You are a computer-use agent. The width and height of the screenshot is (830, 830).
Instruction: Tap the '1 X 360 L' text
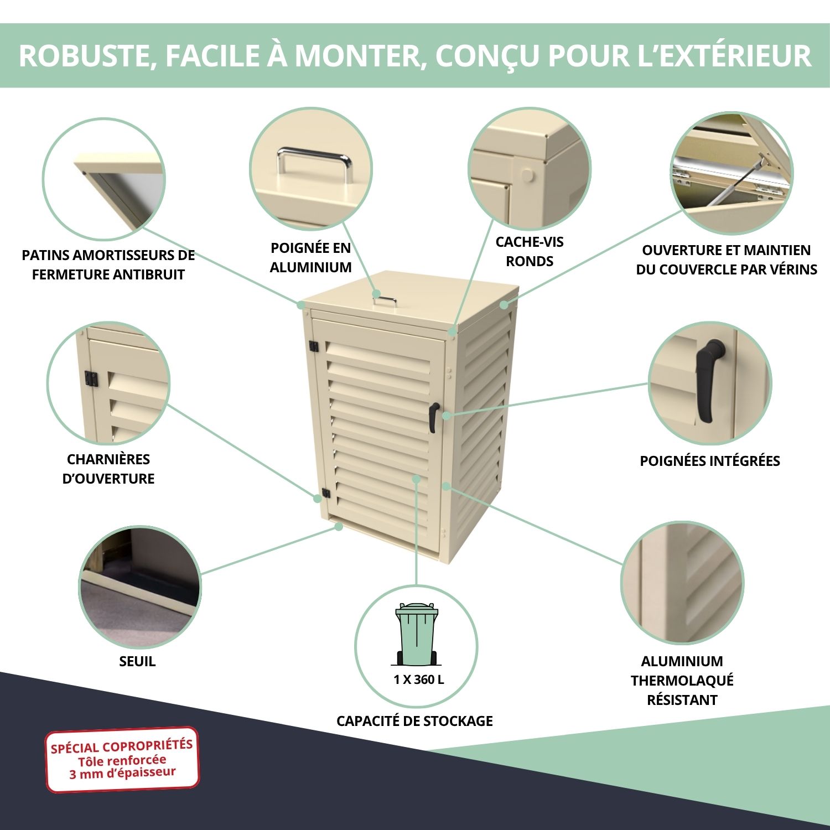click(418, 679)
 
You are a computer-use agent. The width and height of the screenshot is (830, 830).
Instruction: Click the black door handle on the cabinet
click(433, 417)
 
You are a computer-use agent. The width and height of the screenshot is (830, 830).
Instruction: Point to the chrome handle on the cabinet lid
click(384, 300)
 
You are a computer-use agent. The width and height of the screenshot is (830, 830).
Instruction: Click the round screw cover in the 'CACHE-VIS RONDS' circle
click(528, 176)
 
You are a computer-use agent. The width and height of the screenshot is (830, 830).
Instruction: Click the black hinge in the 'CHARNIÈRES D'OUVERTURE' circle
click(91, 380)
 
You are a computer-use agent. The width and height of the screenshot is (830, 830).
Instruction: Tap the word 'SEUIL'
click(137, 661)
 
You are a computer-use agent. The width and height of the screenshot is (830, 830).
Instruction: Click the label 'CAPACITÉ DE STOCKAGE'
click(414, 721)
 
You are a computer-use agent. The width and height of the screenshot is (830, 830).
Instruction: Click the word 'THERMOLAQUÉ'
click(682, 681)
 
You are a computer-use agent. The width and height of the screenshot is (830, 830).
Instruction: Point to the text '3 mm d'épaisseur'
click(122, 773)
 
